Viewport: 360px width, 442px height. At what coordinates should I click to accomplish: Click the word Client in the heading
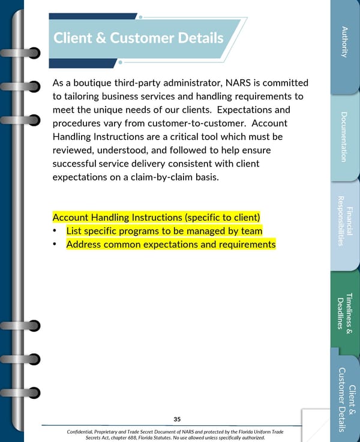tap(73, 38)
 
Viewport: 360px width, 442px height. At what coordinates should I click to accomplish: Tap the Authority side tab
tap(344, 42)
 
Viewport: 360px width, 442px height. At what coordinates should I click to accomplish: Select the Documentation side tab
tap(344, 137)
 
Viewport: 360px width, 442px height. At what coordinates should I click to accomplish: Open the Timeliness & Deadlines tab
tap(344, 312)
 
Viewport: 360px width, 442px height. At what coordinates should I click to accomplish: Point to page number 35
tap(177, 419)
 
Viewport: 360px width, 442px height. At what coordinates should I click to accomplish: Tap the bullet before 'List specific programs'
tap(55, 231)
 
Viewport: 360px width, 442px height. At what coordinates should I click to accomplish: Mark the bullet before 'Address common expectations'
tap(55, 245)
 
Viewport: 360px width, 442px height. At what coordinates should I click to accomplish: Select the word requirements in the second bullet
tap(246, 245)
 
